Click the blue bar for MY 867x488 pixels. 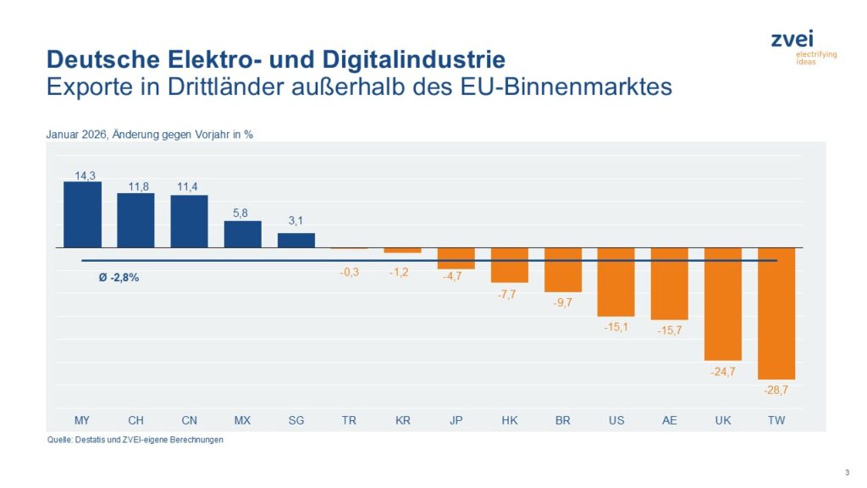coord(82,214)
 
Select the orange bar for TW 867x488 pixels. coord(776,313)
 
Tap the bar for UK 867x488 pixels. coord(723,303)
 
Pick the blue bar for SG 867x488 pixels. coord(296,240)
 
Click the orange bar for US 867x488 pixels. coord(616,281)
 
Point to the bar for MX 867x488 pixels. coord(243,234)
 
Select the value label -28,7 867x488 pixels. coord(776,390)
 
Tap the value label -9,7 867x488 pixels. coord(562,302)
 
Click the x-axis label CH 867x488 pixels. coord(135,420)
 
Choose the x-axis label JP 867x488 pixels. coord(456,420)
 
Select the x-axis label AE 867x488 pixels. coord(670,420)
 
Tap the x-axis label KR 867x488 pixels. coord(402,420)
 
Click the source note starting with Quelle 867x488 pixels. coord(135,440)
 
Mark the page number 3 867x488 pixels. coord(847,472)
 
